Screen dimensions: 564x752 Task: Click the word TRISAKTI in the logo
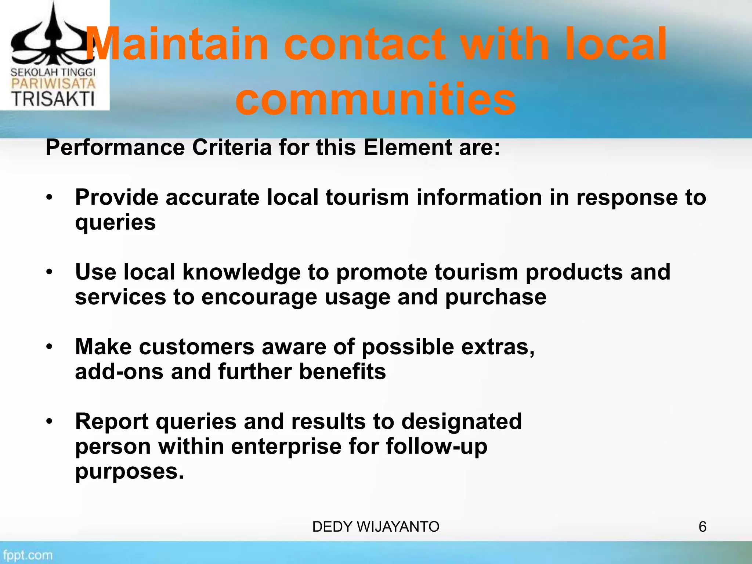tap(53, 99)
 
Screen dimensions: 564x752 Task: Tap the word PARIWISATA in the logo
tap(53, 83)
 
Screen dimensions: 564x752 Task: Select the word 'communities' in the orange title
tap(376, 99)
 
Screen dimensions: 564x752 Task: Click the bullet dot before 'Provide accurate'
tap(50, 198)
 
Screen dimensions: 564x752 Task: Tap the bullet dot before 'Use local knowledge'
tap(50, 272)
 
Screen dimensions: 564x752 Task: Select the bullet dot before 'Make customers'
tap(50, 347)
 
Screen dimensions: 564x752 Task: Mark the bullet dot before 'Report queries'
tap(50, 422)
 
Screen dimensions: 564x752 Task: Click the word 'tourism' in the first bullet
tap(367, 197)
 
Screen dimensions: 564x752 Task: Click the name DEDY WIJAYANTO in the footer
tap(376, 527)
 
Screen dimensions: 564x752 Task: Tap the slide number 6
tap(702, 527)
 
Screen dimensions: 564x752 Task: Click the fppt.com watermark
tap(28, 555)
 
